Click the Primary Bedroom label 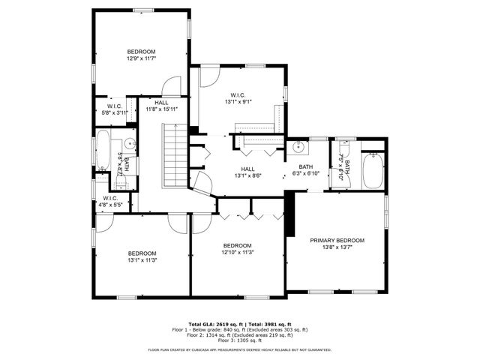[337, 240]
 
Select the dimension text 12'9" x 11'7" [141, 58]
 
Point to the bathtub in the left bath [103, 154]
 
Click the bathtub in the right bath [372, 172]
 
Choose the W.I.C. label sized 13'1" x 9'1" [238, 94]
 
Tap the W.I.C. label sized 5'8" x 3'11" [115, 106]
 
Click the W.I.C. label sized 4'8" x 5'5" [110, 198]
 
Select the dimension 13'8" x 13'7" [337, 247]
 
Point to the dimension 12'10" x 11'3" [238, 253]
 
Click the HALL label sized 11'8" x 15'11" [161, 103]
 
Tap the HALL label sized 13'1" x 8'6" [248, 169]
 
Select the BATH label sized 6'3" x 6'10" [305, 167]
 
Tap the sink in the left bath [129, 142]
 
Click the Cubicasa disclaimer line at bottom [240, 349]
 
